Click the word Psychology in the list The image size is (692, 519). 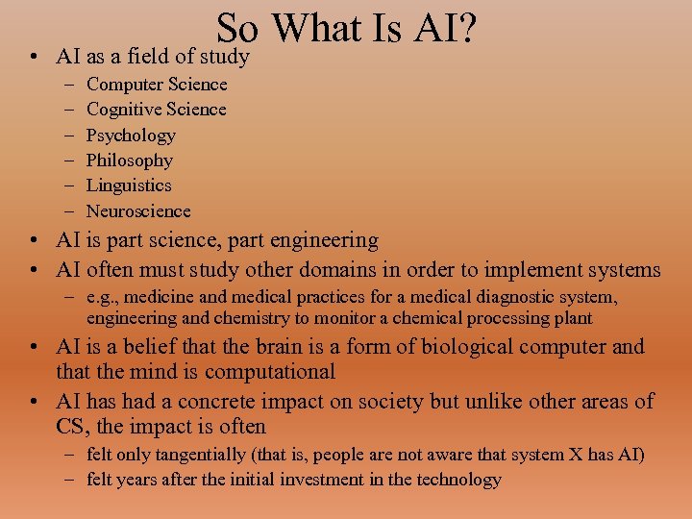(131, 136)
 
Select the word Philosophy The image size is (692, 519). (130, 161)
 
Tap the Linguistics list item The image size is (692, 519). (129, 185)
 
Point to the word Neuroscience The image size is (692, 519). (138, 210)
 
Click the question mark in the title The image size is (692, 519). (468, 29)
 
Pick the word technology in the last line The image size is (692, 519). (457, 480)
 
